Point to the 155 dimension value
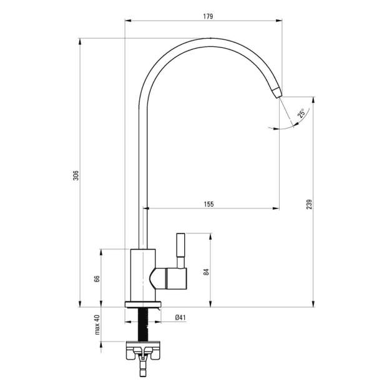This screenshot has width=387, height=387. (208, 203)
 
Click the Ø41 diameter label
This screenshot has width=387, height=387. (180, 318)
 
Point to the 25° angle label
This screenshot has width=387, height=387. (301, 114)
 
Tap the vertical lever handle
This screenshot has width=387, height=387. (180, 250)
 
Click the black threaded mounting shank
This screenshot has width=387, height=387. (144, 324)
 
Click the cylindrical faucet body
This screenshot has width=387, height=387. (140, 275)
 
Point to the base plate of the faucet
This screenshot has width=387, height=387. (144, 305)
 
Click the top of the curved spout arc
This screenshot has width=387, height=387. (206, 41)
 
